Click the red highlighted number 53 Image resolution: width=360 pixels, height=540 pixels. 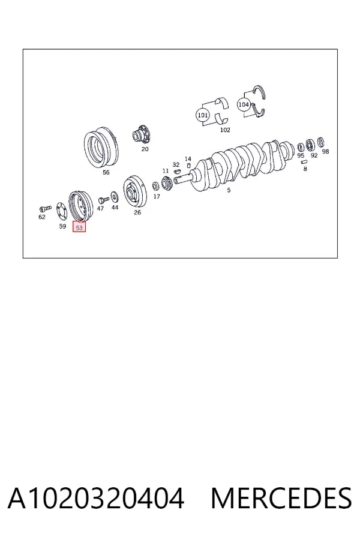click(x=79, y=227)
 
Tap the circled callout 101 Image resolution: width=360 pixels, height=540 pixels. click(x=202, y=115)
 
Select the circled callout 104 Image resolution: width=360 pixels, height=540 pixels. click(x=244, y=104)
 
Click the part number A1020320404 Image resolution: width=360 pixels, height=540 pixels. click(x=96, y=499)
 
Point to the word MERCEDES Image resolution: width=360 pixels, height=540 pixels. click(x=281, y=499)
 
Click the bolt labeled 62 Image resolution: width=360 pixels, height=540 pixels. click(x=45, y=208)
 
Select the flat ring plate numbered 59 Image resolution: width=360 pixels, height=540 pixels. click(x=62, y=212)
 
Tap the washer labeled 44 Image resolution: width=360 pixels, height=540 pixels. click(x=115, y=196)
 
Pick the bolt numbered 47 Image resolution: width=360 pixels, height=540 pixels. click(x=103, y=199)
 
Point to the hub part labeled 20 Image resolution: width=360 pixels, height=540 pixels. click(x=142, y=134)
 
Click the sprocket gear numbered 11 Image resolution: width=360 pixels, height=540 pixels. click(x=167, y=183)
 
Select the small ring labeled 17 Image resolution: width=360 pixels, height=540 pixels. click(x=156, y=187)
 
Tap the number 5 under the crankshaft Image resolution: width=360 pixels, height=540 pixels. click(x=229, y=190)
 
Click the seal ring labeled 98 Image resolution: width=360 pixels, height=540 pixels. click(x=321, y=142)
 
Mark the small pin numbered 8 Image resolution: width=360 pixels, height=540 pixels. click(x=304, y=161)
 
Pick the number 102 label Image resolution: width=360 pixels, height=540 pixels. click(x=225, y=130)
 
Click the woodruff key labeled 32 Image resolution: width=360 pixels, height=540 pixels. click(x=177, y=171)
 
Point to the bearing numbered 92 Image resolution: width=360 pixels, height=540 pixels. click(x=310, y=145)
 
